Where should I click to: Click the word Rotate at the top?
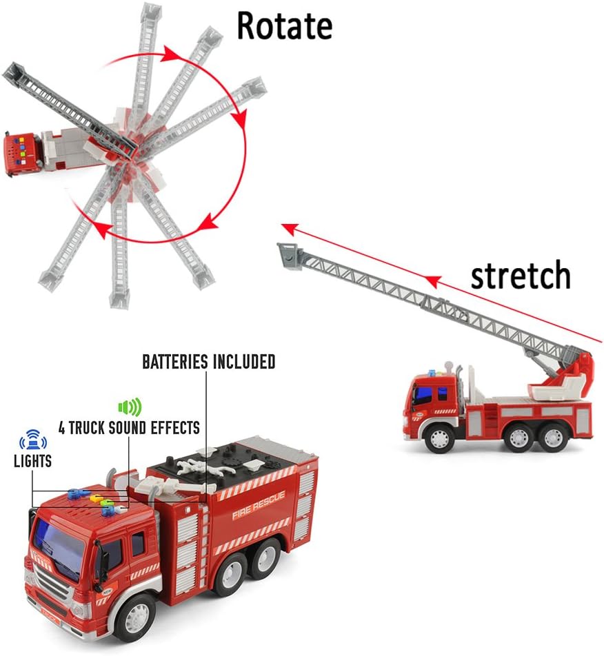click(x=284, y=25)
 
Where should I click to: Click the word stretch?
click(x=521, y=276)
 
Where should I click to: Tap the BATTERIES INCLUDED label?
click(x=209, y=362)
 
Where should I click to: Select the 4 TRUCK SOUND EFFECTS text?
click(x=129, y=428)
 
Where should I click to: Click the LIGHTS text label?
click(x=32, y=461)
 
